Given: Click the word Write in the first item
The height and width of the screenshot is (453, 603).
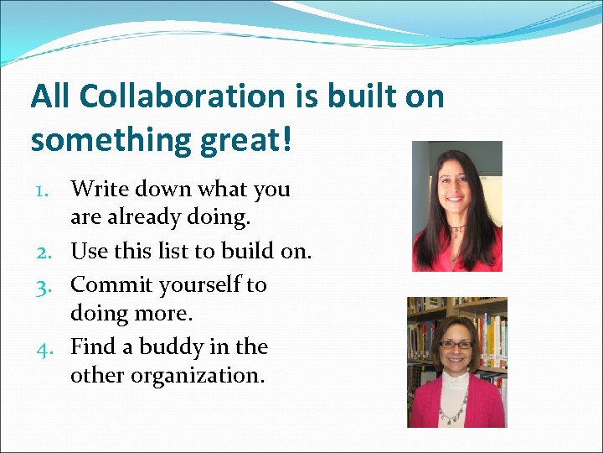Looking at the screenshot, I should point(97,189).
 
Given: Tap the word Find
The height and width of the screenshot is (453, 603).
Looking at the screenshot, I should point(93,346).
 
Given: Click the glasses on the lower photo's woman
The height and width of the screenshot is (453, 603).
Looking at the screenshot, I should point(456,345).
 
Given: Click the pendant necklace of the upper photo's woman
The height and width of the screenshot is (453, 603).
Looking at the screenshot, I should point(457,229).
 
